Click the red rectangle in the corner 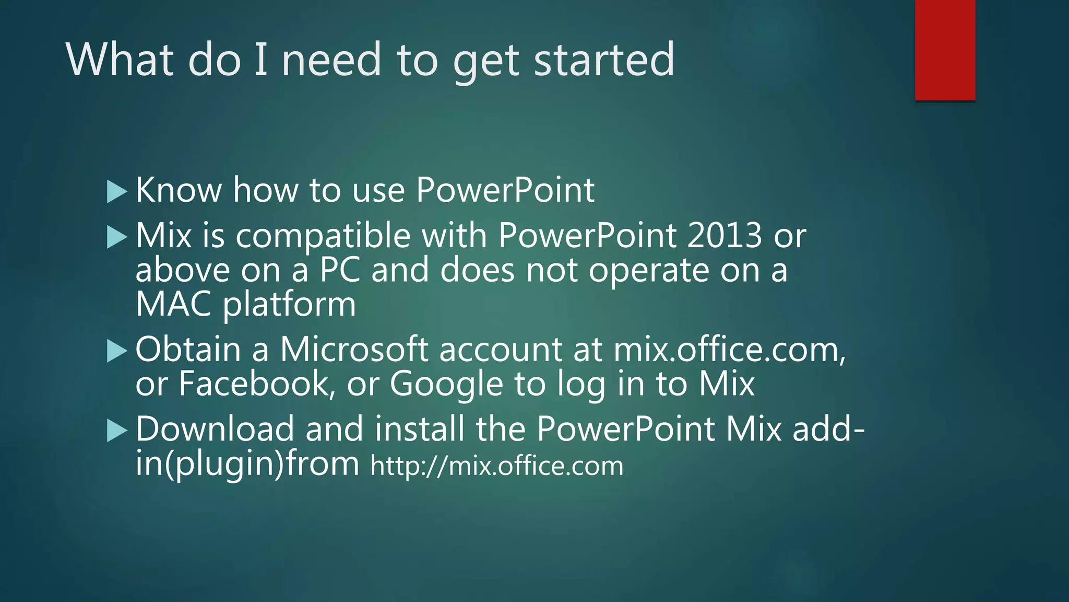click(x=945, y=50)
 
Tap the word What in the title click(x=120, y=60)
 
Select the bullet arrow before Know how click(x=116, y=191)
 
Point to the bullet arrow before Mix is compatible click(x=116, y=237)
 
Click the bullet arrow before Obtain click(x=116, y=351)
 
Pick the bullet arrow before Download click(x=116, y=431)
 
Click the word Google click(x=446, y=384)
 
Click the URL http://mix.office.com click(x=496, y=466)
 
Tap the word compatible click(x=323, y=236)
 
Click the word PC click(x=340, y=270)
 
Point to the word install click(x=420, y=429)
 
